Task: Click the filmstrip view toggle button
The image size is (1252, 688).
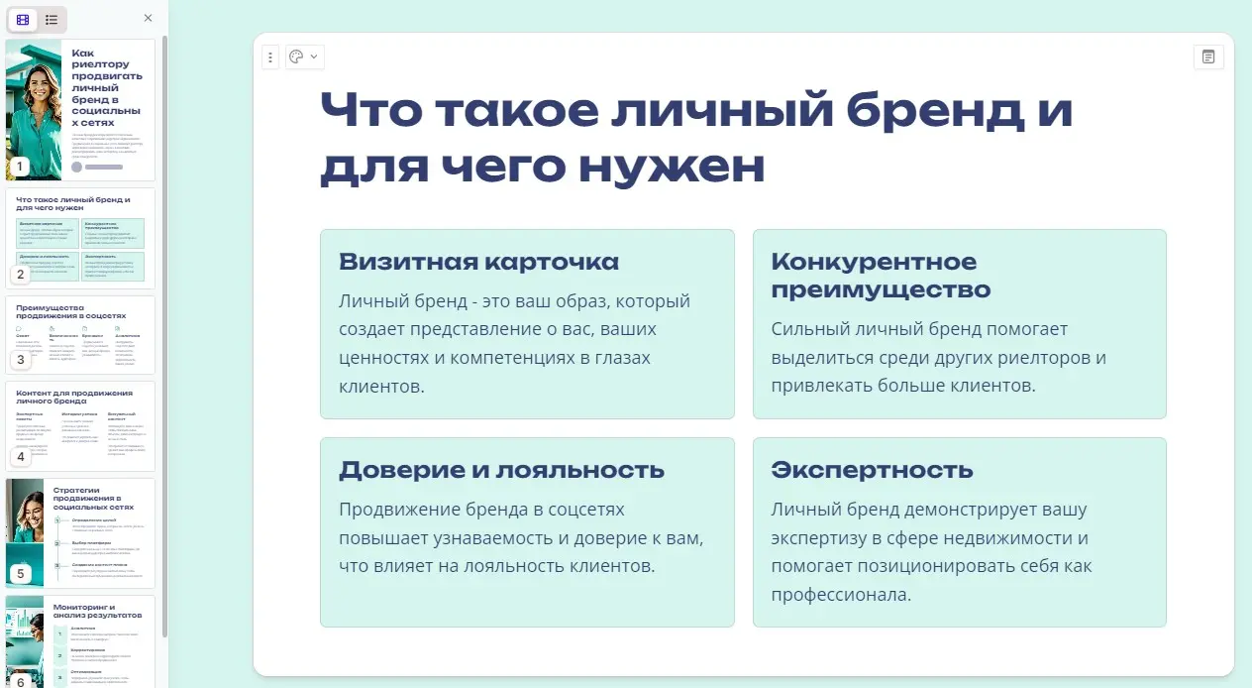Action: (23, 19)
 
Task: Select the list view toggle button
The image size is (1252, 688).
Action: (52, 19)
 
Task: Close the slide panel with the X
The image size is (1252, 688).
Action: (148, 18)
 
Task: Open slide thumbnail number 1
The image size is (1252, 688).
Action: (80, 109)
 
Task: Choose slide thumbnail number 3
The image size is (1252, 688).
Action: (80, 334)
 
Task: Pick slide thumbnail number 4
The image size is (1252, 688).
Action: (80, 426)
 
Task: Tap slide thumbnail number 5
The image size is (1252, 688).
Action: (80, 532)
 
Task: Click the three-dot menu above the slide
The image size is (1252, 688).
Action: (270, 57)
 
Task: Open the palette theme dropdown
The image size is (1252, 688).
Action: (304, 57)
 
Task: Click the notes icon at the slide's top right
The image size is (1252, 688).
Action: (1208, 57)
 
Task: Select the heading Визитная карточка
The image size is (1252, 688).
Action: (478, 262)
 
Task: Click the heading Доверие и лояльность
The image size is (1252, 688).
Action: (501, 470)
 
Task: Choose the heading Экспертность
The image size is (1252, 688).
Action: (872, 470)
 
